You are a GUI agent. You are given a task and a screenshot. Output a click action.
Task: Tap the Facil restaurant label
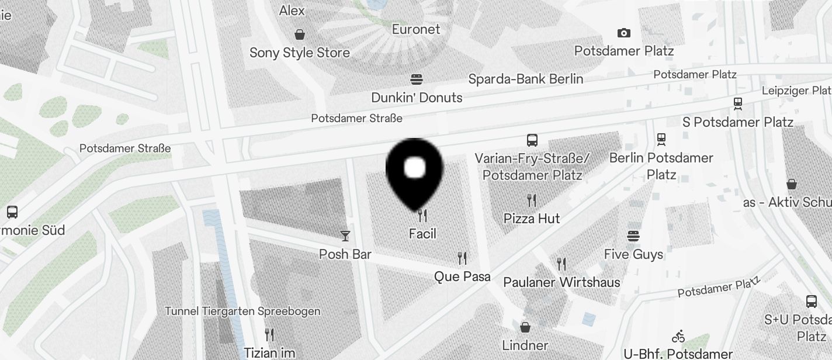point(422,234)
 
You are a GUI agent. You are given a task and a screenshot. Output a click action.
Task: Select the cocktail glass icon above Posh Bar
point(345,236)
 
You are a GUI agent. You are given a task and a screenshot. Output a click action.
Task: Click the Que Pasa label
point(462,276)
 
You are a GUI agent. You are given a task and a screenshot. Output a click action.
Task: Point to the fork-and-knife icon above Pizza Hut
point(532,200)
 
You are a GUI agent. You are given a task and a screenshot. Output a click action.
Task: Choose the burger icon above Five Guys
point(634,236)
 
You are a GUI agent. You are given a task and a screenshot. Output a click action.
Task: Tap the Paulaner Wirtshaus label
point(561,282)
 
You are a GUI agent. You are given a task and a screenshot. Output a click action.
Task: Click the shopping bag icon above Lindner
point(525,327)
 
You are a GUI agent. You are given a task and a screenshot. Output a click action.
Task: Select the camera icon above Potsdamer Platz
point(624,33)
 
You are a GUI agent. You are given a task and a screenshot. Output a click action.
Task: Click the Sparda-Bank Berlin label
point(526,79)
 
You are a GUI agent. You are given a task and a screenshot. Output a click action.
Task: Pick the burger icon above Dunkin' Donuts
point(417,79)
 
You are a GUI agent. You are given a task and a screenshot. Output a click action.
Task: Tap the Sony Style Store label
point(300,53)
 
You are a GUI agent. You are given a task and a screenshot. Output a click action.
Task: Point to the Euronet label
point(416,29)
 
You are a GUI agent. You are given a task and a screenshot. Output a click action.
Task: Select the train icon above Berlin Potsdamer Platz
point(661,140)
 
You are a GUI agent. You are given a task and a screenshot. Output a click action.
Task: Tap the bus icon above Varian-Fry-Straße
point(532,140)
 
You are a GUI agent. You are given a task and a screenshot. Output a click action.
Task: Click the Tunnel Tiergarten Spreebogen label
point(242,311)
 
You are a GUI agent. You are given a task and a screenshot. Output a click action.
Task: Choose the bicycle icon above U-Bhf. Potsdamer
point(678,337)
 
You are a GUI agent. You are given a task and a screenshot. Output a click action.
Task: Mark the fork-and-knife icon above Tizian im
point(269,335)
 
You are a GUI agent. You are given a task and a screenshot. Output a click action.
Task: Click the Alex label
point(292,11)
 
